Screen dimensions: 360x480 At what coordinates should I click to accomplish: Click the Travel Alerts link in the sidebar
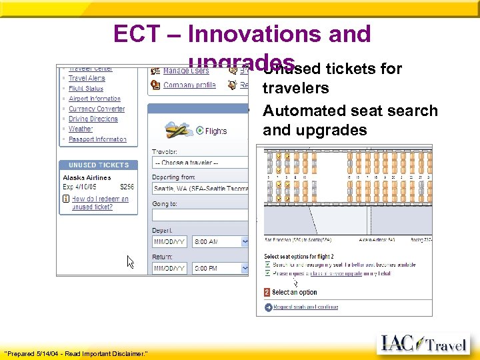pos(87,79)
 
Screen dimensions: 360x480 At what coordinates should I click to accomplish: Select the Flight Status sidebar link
pos(86,89)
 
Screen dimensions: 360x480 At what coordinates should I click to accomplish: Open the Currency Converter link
pos(97,109)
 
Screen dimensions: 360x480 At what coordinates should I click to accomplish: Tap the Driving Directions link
pos(93,119)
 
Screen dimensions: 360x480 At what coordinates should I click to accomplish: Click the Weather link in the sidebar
pos(81,129)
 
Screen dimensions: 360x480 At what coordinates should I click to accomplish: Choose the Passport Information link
pos(97,139)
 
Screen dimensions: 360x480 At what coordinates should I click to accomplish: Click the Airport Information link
pos(95,99)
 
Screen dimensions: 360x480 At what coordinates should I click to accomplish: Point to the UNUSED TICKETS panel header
pos(99,165)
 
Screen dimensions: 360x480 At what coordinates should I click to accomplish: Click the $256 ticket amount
pos(127,187)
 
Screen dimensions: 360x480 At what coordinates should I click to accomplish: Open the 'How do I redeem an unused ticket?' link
pos(100,203)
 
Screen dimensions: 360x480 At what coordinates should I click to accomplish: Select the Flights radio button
pos(199,131)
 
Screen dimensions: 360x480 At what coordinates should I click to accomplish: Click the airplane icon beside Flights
pos(178,129)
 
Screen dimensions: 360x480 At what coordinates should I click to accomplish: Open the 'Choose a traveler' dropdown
pos(200,163)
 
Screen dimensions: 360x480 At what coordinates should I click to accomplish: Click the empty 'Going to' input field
pos(200,215)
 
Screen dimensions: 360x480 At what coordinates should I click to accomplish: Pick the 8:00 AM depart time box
pos(219,241)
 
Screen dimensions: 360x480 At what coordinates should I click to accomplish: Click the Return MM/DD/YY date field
pos(169,268)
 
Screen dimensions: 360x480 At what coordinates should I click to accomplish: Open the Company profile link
pos(190,85)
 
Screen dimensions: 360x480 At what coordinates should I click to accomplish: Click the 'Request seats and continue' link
pos(305,307)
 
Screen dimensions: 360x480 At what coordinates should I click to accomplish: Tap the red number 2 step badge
pos(267,292)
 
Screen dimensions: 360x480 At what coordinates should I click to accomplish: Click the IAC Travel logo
pos(424,343)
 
